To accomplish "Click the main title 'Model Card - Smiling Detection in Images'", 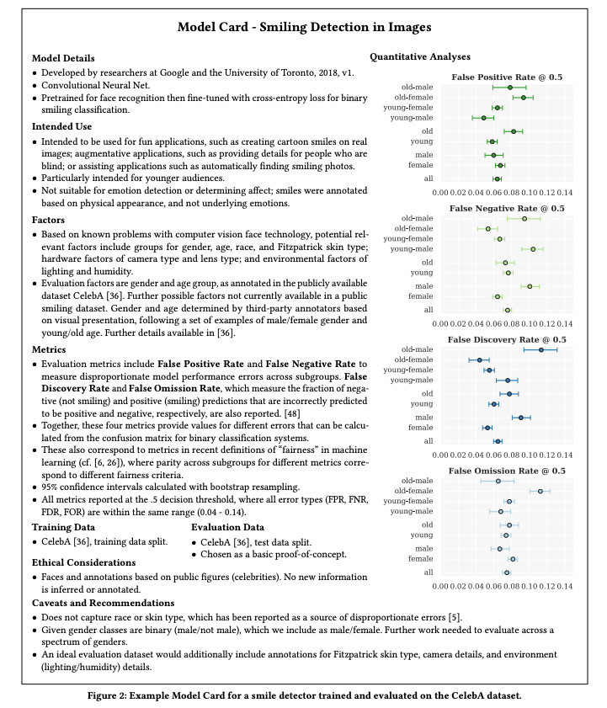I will pos(304,27).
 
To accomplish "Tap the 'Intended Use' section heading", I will pos(61,125).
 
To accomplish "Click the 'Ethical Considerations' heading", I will pos(83,562).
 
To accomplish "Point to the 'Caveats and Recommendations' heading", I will pos(103,603).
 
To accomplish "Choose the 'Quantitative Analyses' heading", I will pos(421,57).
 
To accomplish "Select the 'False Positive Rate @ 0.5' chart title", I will pos(507,77).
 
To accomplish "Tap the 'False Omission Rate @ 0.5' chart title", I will pos(507,471).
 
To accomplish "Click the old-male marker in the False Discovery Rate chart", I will pos(540,349).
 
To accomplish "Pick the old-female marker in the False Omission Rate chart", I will pos(540,491).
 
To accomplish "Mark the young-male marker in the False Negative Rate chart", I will pos(533,249).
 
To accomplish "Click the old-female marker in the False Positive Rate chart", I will pos(524,98).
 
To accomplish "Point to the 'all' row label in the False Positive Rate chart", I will pos(429,178).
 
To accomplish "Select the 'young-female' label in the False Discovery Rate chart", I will pos(408,370).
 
